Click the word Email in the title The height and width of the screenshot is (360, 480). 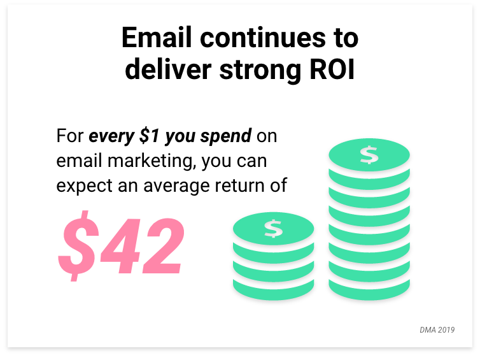tap(157, 38)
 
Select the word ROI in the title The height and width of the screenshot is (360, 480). tap(332, 69)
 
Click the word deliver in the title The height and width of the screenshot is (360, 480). tap(168, 69)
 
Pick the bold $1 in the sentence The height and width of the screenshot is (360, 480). tap(150, 136)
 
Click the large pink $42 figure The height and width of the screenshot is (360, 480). tap(122, 246)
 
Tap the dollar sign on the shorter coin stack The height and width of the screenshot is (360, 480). tap(273, 229)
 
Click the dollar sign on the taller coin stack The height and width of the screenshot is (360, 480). tap(369, 155)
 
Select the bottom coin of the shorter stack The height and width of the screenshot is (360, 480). tap(273, 289)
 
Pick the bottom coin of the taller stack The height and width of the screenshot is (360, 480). tap(369, 289)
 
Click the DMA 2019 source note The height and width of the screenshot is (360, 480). tap(437, 330)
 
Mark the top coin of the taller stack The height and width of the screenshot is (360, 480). tap(369, 155)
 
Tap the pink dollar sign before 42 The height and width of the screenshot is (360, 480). tap(79, 246)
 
